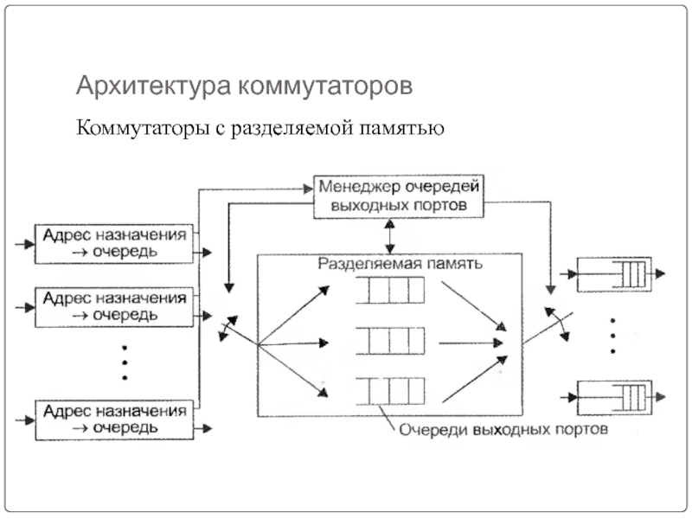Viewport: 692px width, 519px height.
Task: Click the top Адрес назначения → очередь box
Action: click(113, 243)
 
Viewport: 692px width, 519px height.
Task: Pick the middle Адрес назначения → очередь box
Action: click(113, 306)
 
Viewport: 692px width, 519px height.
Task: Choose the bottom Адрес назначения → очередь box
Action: click(113, 419)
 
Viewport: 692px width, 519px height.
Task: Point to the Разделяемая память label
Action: click(398, 263)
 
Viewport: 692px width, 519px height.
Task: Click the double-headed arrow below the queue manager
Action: click(390, 234)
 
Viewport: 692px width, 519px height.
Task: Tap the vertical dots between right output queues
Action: click(613, 336)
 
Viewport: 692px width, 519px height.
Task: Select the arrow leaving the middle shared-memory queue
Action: click(471, 343)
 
